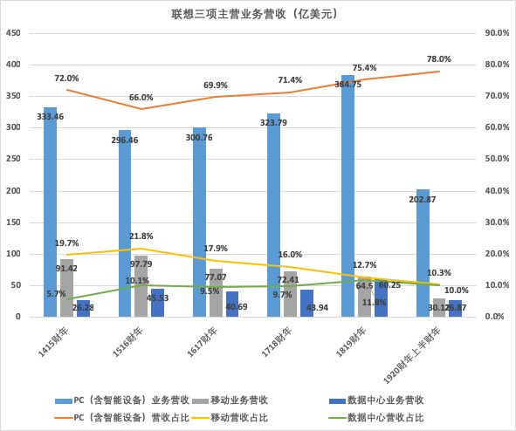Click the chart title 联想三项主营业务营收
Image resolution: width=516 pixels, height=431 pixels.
254,14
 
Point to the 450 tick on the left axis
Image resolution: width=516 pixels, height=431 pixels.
15,33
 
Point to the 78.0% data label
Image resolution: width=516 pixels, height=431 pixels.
438,59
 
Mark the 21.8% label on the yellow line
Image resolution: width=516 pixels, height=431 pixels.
141,236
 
